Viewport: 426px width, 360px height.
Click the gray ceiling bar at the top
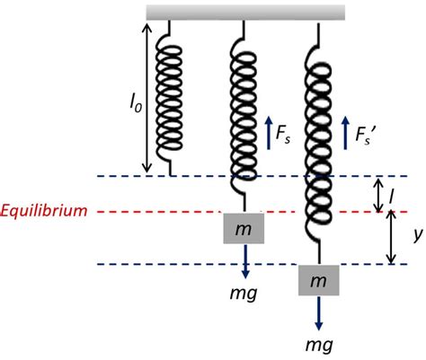coord(245,11)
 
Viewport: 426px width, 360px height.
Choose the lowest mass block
coord(320,281)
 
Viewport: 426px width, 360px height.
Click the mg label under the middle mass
coord(244,287)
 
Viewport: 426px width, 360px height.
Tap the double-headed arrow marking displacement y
coord(390,238)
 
